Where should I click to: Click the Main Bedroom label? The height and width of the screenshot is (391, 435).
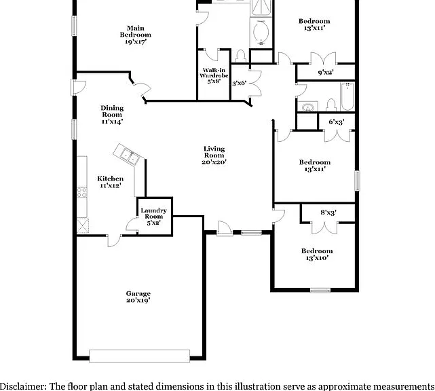pyautogui.click(x=136, y=35)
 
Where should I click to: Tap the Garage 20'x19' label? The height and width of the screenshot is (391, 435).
pyautogui.click(x=138, y=297)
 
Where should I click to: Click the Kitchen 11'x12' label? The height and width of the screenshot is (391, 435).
pyautogui.click(x=111, y=182)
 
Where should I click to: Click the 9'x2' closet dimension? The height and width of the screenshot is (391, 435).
pyautogui.click(x=326, y=73)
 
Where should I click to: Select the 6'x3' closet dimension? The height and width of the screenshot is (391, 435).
pyautogui.click(x=337, y=122)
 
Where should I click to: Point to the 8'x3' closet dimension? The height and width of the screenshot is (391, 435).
pyautogui.click(x=328, y=212)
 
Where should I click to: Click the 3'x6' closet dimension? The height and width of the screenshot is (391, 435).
pyautogui.click(x=239, y=83)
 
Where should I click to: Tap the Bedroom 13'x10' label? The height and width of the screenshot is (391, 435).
pyautogui.click(x=317, y=255)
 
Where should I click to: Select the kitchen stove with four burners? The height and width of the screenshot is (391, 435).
pyautogui.click(x=82, y=192)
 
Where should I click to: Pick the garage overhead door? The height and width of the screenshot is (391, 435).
pyautogui.click(x=140, y=356)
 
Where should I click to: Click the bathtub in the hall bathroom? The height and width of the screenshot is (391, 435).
pyautogui.click(x=347, y=96)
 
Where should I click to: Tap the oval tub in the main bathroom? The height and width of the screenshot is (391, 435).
pyautogui.click(x=261, y=32)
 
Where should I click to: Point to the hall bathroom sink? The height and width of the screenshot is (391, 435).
pyautogui.click(x=307, y=107)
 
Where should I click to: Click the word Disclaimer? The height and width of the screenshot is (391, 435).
pyautogui.click(x=23, y=386)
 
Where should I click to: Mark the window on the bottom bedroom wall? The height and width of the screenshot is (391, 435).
pyautogui.click(x=320, y=291)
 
